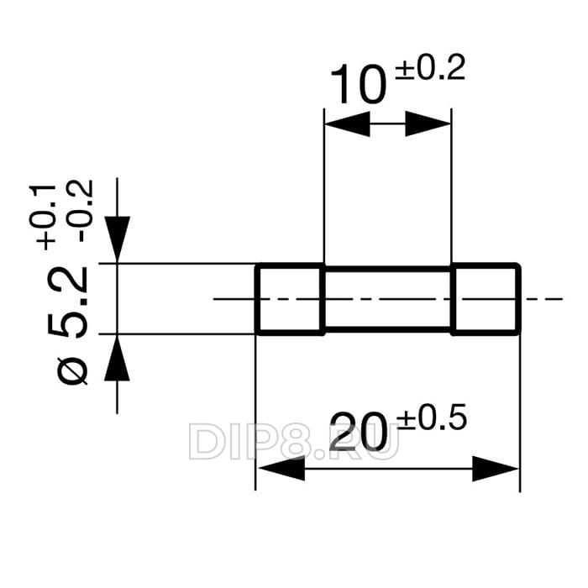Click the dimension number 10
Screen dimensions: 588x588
358,86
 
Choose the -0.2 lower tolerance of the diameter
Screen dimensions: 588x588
83,211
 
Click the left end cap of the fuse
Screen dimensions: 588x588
290,299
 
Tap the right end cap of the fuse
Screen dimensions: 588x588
486,299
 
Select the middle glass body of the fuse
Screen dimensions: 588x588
387,299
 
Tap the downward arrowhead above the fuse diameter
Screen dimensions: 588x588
118,239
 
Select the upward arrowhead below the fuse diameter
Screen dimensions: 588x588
118,360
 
